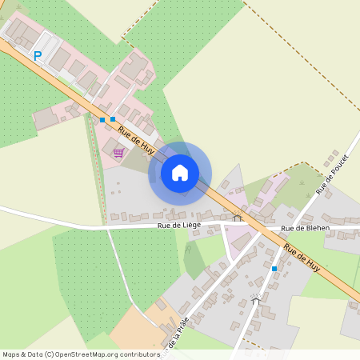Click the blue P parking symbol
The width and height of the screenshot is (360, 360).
click(37, 56)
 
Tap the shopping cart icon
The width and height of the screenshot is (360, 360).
click(118, 152)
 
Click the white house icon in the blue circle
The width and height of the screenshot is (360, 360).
click(180, 173)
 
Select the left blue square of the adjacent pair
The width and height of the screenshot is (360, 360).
click(102, 120)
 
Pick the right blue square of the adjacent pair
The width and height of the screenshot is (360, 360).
click(113, 119)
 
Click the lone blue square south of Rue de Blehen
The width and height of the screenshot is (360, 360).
click(274, 269)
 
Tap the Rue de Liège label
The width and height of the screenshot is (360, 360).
click(178, 226)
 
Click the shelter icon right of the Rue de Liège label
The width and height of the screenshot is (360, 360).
click(237, 216)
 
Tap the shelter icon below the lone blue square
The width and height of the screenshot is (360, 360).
click(255, 299)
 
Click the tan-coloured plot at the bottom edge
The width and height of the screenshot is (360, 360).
click(136, 328)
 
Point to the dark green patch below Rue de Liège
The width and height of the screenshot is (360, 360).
click(193, 260)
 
